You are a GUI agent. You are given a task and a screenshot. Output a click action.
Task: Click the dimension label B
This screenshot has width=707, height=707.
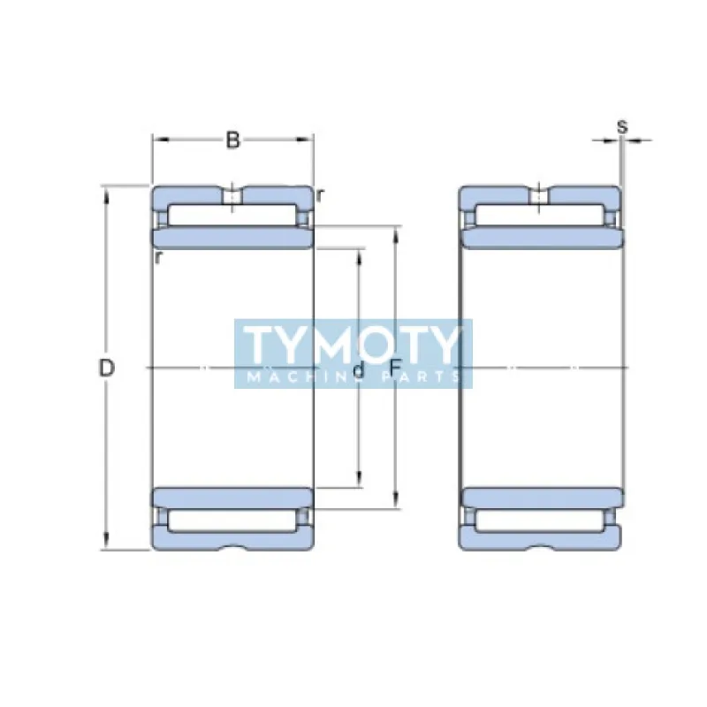[232, 140]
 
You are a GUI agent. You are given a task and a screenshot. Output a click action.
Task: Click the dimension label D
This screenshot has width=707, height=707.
[107, 368]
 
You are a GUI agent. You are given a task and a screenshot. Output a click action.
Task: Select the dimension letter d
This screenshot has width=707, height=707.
[358, 369]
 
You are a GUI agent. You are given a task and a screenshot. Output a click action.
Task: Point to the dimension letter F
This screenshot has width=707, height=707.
[395, 368]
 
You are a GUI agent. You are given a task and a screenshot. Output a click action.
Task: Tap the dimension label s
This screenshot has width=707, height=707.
[622, 126]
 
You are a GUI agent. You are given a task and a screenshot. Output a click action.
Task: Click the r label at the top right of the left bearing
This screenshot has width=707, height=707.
[319, 195]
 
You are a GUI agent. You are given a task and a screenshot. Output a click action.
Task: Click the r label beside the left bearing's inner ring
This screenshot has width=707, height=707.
[157, 257]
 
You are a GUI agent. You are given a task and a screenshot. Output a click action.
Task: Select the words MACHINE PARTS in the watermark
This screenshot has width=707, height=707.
[353, 377]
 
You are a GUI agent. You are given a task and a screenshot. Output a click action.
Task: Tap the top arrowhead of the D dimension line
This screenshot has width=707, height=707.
[107, 193]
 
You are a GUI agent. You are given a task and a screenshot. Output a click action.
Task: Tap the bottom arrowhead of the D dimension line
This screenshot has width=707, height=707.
[107, 543]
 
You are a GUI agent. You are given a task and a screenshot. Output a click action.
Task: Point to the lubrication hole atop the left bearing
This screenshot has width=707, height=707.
[232, 195]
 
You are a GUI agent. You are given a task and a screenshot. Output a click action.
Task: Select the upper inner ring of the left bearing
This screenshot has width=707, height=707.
[232, 238]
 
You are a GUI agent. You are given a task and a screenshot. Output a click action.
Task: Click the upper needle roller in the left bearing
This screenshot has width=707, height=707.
[232, 215]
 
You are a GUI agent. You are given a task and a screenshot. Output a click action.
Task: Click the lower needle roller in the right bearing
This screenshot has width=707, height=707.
[540, 520]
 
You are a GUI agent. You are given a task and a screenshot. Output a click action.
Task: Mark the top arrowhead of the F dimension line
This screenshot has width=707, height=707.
[395, 232]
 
